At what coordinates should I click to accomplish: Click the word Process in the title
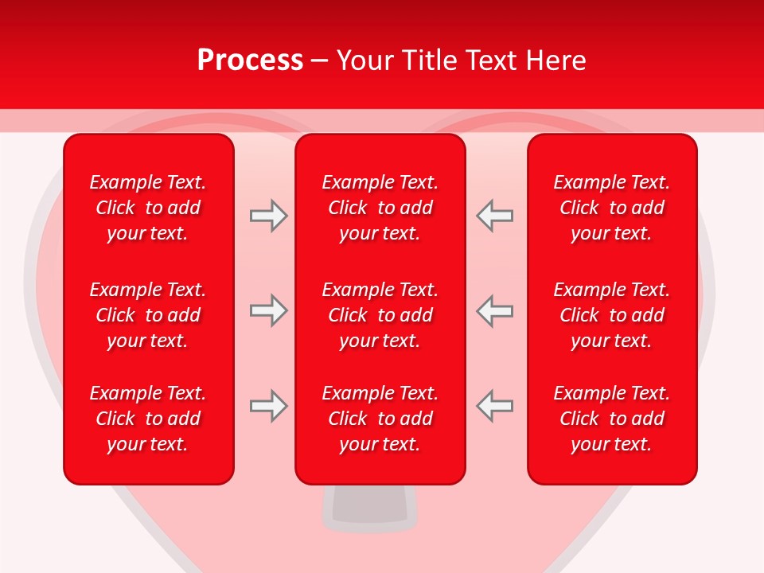point(250,60)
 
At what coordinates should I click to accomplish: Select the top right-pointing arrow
point(268,216)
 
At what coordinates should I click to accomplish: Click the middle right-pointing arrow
point(268,310)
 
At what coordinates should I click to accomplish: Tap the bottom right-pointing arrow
point(268,406)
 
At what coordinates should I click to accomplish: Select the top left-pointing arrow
point(494,216)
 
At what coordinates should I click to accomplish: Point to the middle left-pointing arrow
point(494,310)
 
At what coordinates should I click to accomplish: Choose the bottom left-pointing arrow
point(494,406)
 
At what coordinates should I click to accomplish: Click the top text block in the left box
point(148,208)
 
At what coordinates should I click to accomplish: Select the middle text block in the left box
point(148,315)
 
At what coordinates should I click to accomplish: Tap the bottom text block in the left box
point(148,419)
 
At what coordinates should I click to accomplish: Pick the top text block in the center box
point(380,208)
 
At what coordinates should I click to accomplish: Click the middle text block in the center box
point(380,315)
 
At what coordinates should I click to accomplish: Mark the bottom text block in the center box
point(380,419)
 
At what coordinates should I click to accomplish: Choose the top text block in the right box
point(612,208)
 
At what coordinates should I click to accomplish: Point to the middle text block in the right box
point(612,315)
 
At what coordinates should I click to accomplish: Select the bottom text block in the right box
point(612,419)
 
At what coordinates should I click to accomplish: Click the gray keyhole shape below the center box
point(369,506)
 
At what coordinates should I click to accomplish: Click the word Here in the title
point(555,60)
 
